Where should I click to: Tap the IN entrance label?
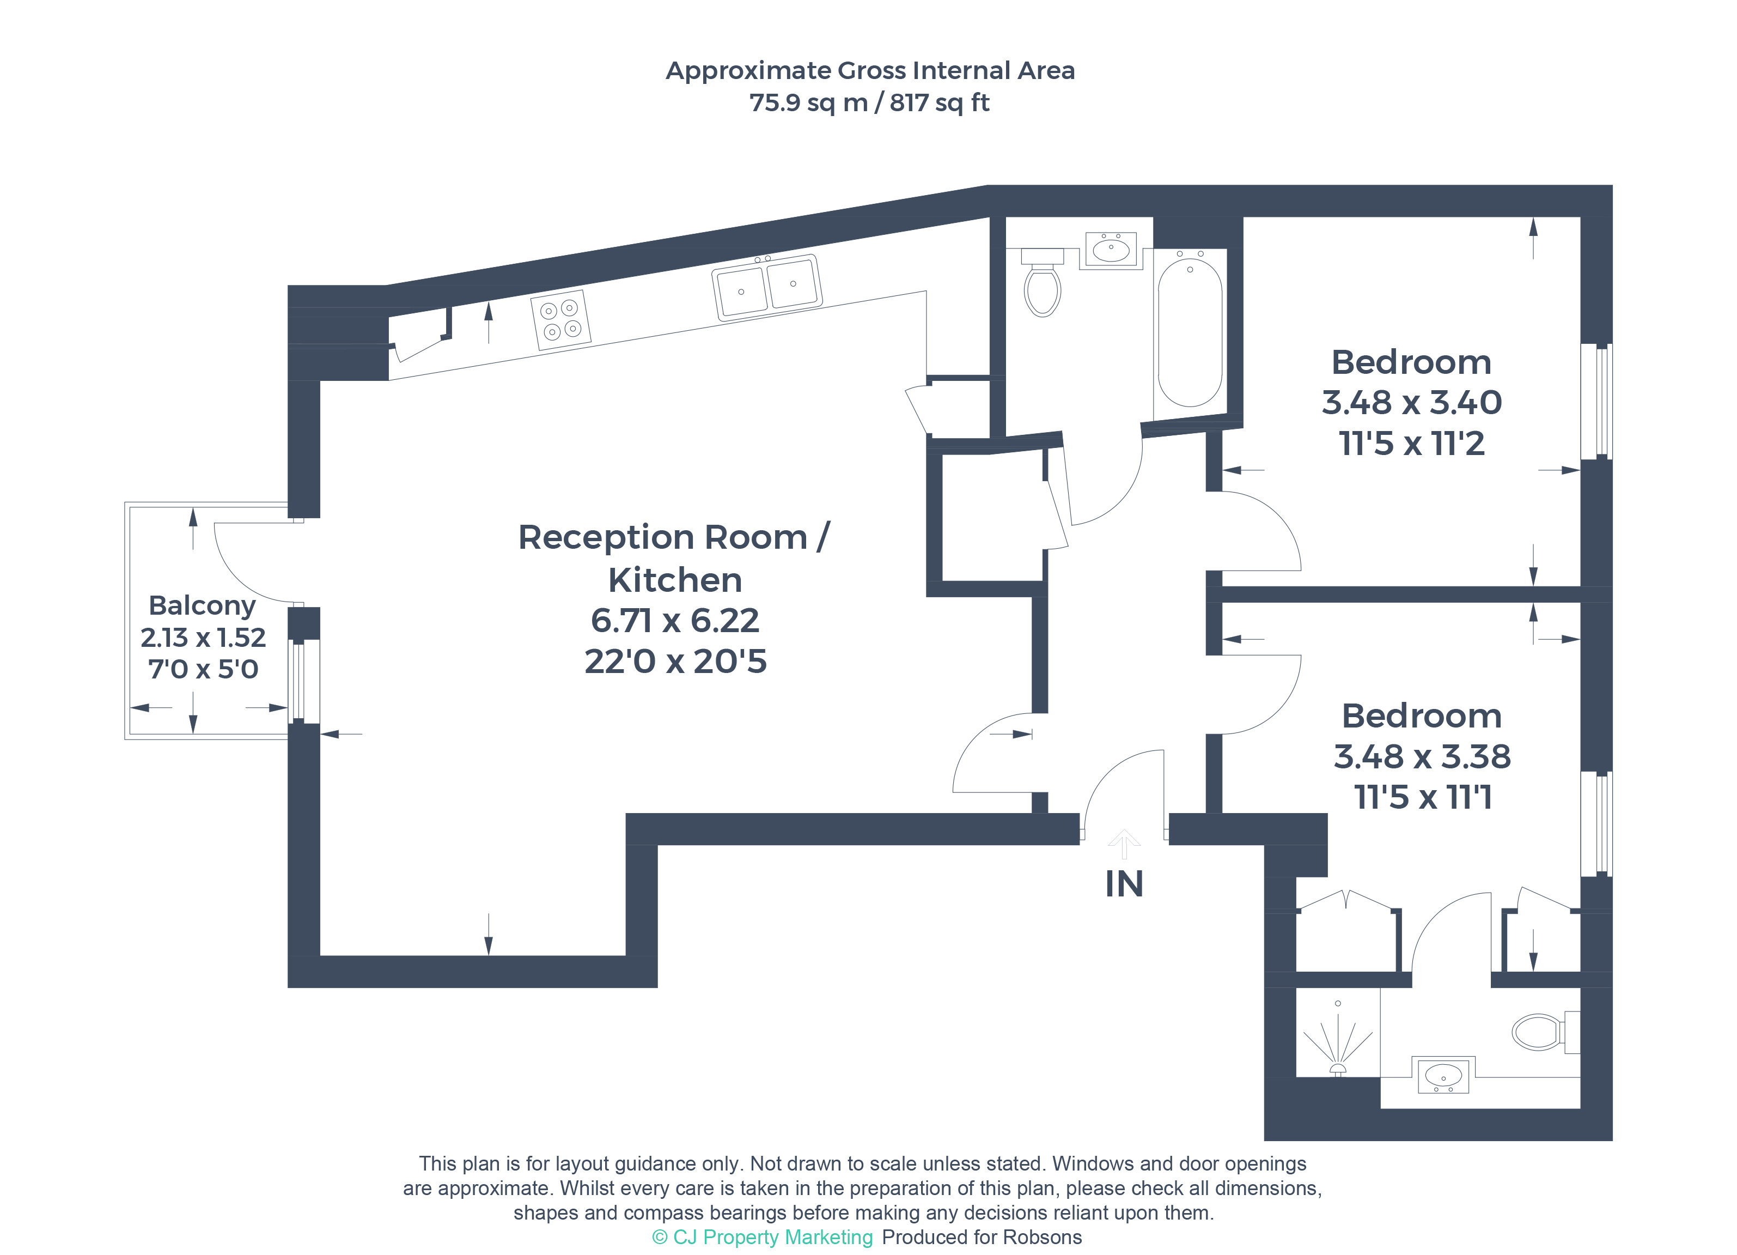click(x=1124, y=884)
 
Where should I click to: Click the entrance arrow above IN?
click(x=1124, y=844)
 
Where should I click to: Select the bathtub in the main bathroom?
click(x=1190, y=332)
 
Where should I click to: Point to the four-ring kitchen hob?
click(x=560, y=320)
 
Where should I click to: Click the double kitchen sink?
click(x=766, y=287)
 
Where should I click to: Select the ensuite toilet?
click(x=1545, y=1032)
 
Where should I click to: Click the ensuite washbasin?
click(x=1443, y=1076)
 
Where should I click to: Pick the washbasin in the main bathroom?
click(x=1111, y=249)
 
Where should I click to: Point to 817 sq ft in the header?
click(x=939, y=102)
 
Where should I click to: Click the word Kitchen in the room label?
click(x=675, y=580)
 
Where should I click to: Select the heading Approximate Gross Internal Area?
click(x=870, y=70)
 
